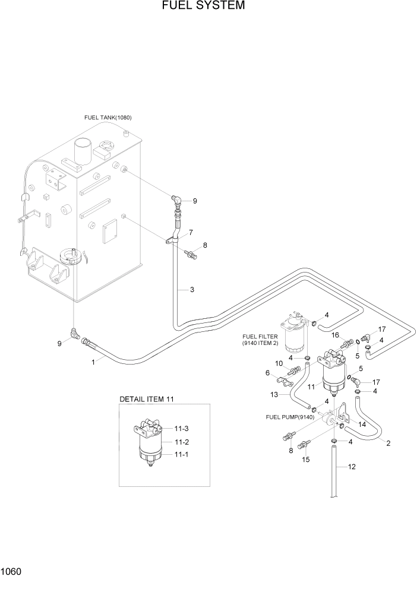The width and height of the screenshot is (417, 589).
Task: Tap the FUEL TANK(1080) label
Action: point(108,118)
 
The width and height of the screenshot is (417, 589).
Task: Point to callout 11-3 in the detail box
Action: point(181,428)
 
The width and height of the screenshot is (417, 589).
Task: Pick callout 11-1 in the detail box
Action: point(181,454)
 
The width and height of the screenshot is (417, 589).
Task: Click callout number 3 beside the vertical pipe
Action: point(192,290)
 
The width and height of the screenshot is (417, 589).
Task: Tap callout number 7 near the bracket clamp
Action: point(191,232)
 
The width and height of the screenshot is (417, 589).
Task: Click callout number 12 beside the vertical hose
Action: point(352,467)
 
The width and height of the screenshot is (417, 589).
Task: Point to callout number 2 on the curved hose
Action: point(388,443)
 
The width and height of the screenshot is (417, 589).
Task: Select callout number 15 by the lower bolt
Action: point(307,460)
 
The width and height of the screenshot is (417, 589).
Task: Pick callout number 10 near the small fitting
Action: point(279,363)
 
